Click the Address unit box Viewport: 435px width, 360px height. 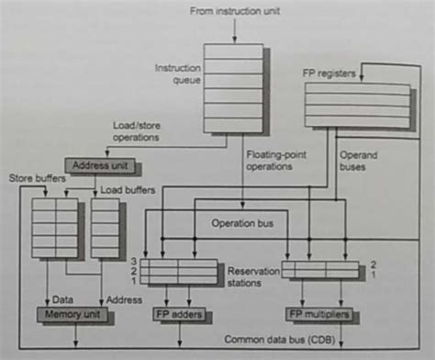99,166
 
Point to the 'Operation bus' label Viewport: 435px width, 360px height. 242,221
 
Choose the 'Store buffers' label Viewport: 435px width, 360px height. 35,176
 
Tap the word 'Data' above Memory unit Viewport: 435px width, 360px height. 63,298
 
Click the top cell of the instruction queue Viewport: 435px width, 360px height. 232,51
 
